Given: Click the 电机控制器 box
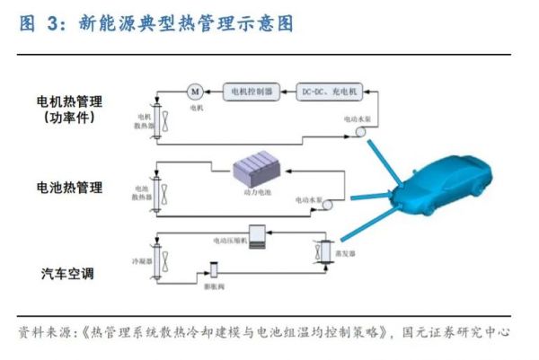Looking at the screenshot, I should [x=249, y=91].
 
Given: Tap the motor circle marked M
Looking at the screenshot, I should [x=195, y=91].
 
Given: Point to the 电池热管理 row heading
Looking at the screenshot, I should [x=69, y=188].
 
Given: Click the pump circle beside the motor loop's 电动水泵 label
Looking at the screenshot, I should [x=357, y=132].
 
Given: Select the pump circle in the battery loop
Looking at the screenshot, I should [x=326, y=205].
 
